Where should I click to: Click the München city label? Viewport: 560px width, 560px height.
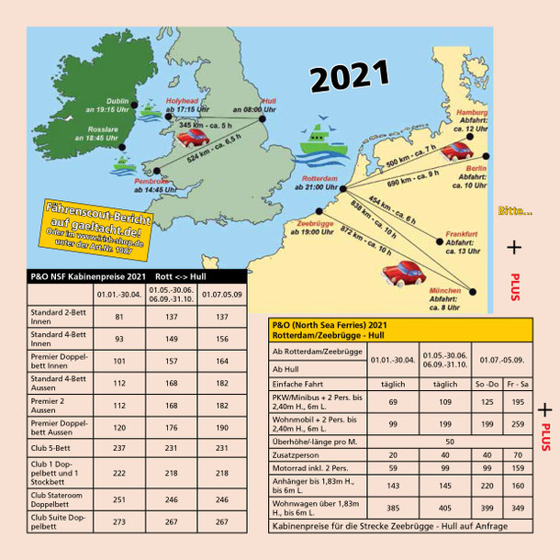coord(445,290)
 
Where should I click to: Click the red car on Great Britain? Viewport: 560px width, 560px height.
coord(192,140)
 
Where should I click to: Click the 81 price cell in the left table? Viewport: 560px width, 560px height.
coord(117,318)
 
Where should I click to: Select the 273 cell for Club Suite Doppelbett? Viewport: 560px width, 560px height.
coord(117,522)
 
